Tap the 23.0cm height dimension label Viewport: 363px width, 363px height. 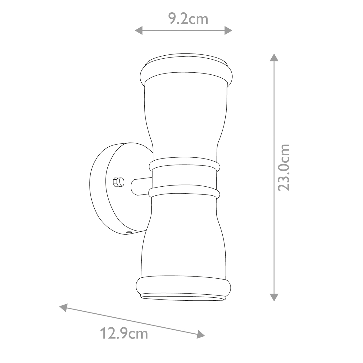pos(283,168)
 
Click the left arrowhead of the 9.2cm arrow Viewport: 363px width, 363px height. pos(139,30)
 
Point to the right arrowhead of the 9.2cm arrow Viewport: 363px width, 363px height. pos(228,30)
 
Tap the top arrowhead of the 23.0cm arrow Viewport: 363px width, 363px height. pos(274,57)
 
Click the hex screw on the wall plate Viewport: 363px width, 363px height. pos(118,182)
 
